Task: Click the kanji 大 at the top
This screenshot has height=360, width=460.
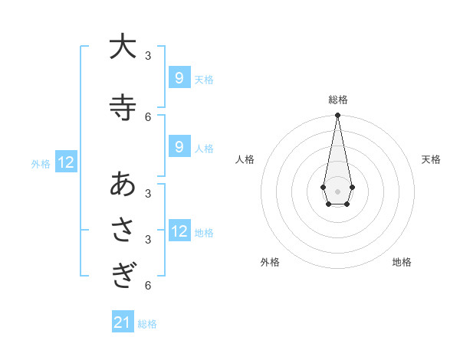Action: click(122, 47)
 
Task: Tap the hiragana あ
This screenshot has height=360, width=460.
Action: click(122, 185)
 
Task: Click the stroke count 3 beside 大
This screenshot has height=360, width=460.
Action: click(148, 55)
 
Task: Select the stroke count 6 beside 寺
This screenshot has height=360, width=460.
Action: click(148, 116)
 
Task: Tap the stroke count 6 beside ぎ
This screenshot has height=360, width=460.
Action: click(148, 286)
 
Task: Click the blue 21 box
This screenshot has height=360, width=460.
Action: click(123, 322)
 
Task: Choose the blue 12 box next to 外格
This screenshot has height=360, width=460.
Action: click(66, 162)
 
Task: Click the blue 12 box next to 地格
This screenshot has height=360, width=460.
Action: click(179, 231)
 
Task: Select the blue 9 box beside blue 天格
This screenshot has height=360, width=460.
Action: click(179, 78)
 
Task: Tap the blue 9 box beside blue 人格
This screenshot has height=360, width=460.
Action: click(179, 147)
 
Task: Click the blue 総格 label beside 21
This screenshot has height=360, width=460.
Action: click(147, 324)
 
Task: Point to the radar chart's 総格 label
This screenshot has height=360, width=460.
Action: click(337, 100)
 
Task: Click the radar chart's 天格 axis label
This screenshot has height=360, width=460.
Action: click(431, 159)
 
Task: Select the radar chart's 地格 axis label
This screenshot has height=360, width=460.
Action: click(402, 262)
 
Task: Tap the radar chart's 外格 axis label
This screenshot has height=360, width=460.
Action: click(270, 262)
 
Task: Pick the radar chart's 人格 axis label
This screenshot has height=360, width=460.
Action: click(245, 159)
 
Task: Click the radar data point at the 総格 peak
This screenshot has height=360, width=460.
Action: click(337, 116)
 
